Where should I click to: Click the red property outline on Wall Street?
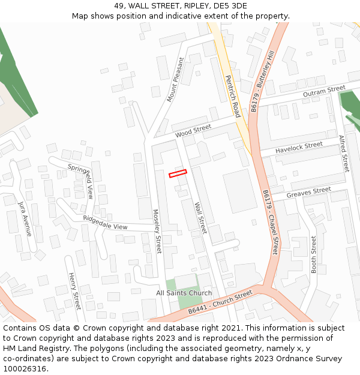[x=178, y=173]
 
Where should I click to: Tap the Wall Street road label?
[x=200, y=217]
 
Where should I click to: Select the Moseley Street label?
[x=158, y=231]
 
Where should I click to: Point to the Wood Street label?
[x=193, y=130]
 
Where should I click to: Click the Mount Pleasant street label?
[x=176, y=79]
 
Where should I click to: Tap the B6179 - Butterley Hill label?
[x=263, y=82]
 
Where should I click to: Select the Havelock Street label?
[x=299, y=148]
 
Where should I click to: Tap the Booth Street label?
[x=313, y=254]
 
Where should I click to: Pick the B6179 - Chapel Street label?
[x=271, y=222]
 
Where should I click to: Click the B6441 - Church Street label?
[x=220, y=303]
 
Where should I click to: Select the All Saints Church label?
[x=184, y=293]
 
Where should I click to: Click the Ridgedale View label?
[x=105, y=223]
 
